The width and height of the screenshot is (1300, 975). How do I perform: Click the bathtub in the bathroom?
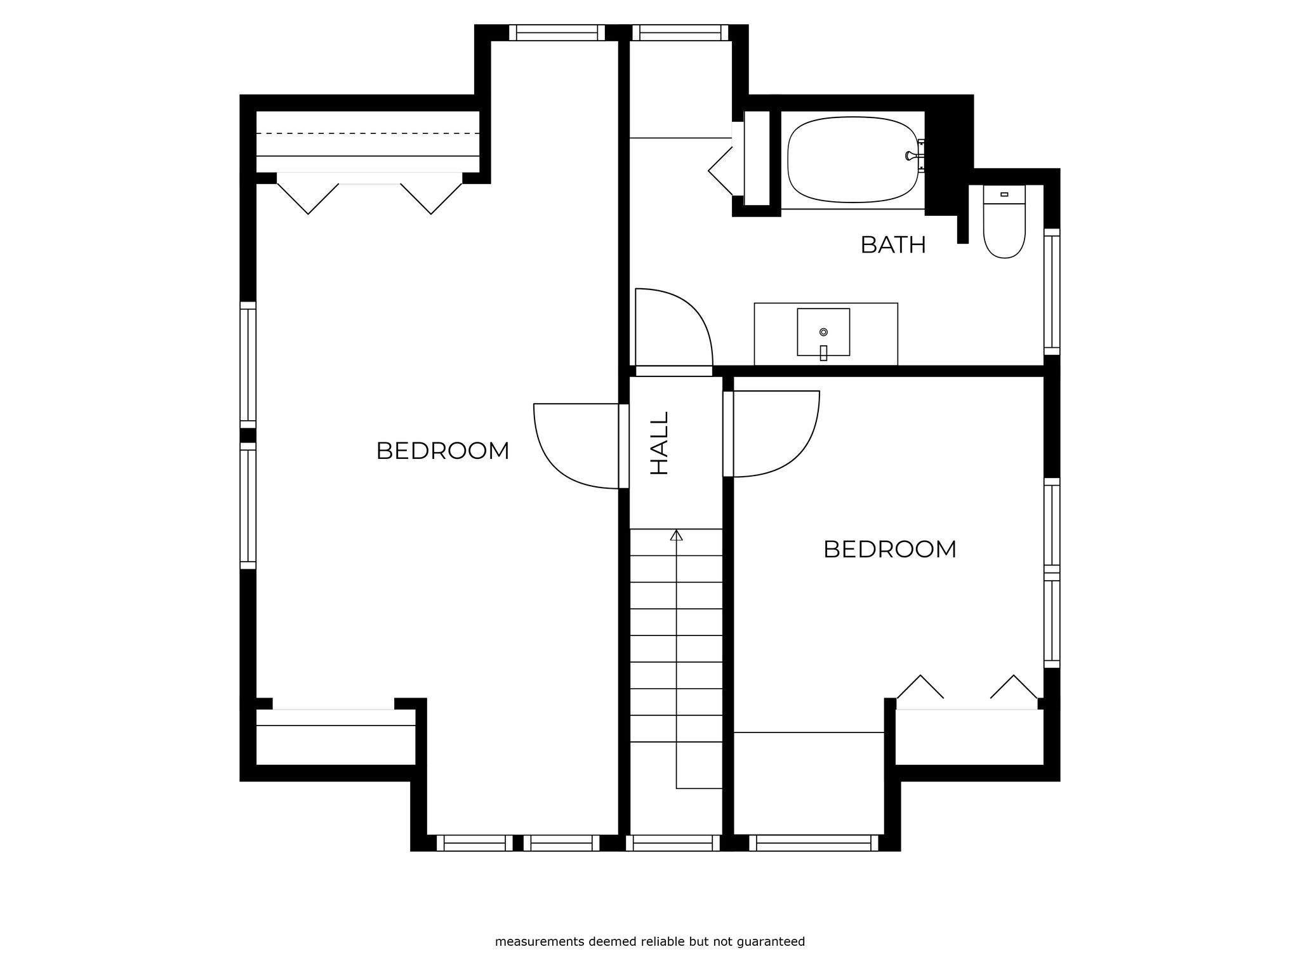point(852,159)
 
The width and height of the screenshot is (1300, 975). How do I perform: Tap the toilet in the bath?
point(1004,222)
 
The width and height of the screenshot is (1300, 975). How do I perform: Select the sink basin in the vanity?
point(823,332)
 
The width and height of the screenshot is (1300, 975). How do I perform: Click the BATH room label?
point(893,245)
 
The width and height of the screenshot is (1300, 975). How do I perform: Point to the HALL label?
point(660,443)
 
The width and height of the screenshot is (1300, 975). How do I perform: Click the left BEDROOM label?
point(442,451)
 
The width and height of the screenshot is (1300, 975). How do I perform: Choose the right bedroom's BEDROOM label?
point(889,550)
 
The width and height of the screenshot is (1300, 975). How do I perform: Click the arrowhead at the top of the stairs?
point(677,534)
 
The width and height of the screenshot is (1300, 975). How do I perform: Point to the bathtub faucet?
point(914,156)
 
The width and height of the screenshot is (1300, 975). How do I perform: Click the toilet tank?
point(1004,194)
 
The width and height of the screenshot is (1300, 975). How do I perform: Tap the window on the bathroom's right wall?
point(1052,292)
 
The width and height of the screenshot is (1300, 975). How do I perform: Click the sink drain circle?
point(823,332)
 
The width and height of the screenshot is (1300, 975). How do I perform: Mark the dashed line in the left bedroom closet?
point(368,133)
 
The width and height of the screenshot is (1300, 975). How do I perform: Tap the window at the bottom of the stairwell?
point(673,843)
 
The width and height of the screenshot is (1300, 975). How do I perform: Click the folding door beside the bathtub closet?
point(720,170)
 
